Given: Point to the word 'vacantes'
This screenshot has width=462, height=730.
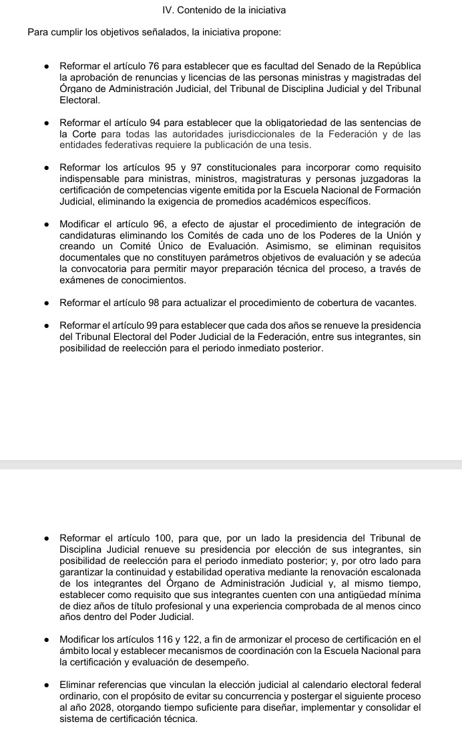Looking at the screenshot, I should [x=396, y=303].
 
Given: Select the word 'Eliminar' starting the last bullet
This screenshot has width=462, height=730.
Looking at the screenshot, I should [x=78, y=685].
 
